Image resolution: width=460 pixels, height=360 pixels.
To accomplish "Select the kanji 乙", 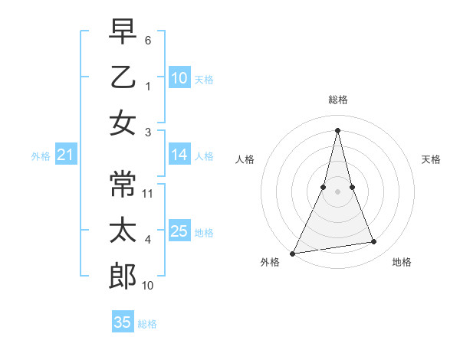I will (123, 77).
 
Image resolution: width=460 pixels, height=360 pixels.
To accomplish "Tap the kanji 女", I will (123, 123).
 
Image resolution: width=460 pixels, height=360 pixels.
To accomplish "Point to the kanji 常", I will (123, 183).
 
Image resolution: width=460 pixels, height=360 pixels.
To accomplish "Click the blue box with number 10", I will (179, 78).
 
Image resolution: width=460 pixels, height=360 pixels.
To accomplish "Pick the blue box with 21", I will (66, 156).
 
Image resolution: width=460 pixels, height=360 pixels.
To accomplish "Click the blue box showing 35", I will (123, 322).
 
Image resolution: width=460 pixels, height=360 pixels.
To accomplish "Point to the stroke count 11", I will (149, 193).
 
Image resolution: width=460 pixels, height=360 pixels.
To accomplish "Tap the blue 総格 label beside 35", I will (147, 324).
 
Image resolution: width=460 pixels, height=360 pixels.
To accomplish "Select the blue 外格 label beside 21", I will (41, 156).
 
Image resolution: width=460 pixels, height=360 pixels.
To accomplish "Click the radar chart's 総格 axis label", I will (337, 100).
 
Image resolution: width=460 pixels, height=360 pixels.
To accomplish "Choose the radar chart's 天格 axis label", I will (431, 159).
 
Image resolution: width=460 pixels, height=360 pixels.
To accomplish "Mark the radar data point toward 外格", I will (293, 253).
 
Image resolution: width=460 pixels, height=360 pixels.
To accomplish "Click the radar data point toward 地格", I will (374, 242).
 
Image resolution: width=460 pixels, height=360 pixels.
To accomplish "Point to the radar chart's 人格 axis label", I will (245, 159).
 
